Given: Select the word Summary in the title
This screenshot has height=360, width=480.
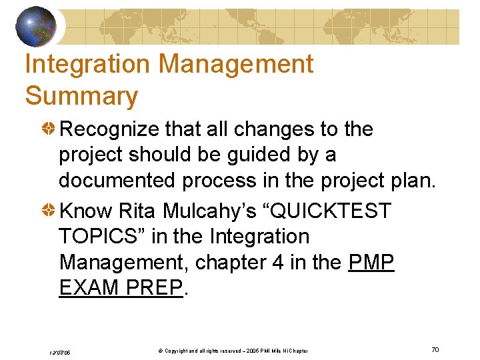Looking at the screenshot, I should click(x=81, y=96).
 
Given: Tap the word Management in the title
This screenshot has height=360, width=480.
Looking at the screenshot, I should click(x=237, y=64).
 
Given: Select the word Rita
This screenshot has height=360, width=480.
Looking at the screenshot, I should click(x=136, y=211).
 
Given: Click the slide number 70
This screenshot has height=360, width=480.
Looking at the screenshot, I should click(x=435, y=350).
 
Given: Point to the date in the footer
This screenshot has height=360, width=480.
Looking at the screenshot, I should click(x=61, y=351).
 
